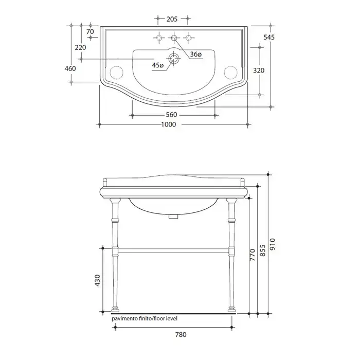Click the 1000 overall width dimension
pyautogui.click(x=169, y=124)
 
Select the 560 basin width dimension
pyautogui.click(x=171, y=115)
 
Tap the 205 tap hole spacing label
pyautogui.click(x=172, y=19)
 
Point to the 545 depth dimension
pyautogui.click(x=269, y=37)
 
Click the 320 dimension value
pyautogui.click(x=259, y=70)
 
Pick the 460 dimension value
pyautogui.click(x=70, y=68)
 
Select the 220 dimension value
pyautogui.click(x=80, y=47)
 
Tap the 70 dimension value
pyautogui.click(x=90, y=31)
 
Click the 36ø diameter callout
pyautogui.click(x=196, y=55)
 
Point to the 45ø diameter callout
pyautogui.click(x=158, y=65)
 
